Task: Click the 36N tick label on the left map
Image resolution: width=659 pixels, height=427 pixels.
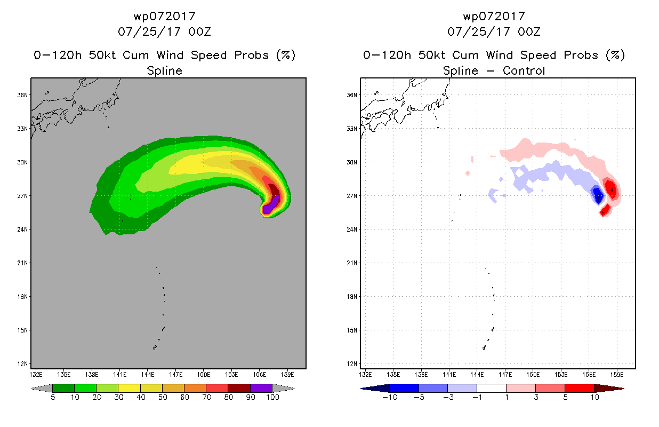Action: click(x=22, y=95)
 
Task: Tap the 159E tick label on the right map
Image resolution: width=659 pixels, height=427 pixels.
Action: click(x=617, y=375)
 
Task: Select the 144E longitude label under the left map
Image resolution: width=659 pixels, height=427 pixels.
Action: click(x=147, y=375)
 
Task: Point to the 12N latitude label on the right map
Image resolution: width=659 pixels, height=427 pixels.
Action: click(x=352, y=363)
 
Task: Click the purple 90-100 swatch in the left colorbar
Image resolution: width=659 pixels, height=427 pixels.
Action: click(x=261, y=388)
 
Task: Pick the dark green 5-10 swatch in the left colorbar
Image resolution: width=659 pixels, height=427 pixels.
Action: click(x=63, y=388)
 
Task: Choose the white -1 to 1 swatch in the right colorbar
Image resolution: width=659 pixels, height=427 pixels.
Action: click(x=491, y=388)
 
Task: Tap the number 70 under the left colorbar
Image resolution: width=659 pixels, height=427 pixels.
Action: click(x=206, y=397)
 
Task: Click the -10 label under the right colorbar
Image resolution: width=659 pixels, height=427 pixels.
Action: click(x=390, y=397)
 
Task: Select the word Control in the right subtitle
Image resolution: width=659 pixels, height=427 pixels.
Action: click(x=524, y=70)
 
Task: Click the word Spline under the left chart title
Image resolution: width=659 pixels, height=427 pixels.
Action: click(x=164, y=71)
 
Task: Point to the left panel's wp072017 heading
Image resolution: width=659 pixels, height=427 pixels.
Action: click(x=164, y=17)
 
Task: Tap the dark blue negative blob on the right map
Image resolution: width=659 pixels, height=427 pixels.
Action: click(x=598, y=195)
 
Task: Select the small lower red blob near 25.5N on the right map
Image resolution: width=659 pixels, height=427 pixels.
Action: click(x=606, y=210)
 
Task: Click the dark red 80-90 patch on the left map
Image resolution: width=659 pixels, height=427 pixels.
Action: click(x=274, y=190)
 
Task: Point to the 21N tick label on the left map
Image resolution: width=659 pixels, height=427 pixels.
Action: click(x=22, y=263)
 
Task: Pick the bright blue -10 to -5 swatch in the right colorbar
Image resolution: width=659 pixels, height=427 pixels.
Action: click(x=404, y=388)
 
